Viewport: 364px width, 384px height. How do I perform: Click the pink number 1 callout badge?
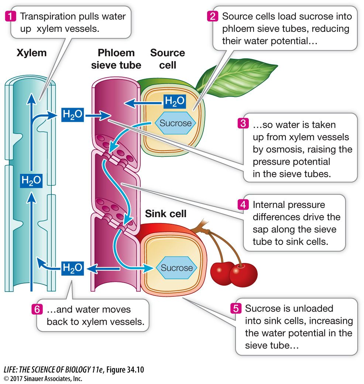11,16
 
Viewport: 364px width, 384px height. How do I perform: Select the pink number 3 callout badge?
242,124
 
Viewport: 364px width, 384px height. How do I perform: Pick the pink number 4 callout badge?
242,205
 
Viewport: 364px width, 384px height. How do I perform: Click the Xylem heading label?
32,53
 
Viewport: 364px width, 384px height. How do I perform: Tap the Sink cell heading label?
165,213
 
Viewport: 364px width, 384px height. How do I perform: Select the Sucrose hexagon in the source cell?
176,123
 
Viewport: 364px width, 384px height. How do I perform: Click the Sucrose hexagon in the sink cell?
176,268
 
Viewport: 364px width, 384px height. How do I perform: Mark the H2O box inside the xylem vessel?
31,181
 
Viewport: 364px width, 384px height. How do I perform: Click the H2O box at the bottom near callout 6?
72,268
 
